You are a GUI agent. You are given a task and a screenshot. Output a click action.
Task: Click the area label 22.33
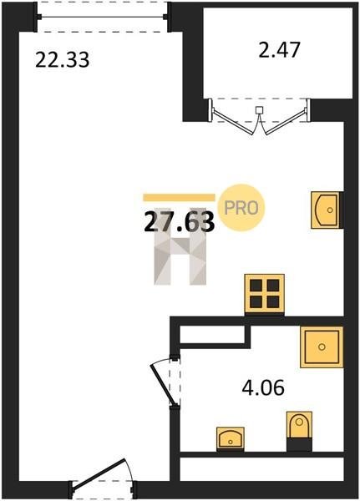pos(63,60)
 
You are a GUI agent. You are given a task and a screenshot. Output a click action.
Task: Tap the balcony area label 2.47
pos(280,50)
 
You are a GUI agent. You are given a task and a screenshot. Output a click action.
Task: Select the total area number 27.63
pos(179,222)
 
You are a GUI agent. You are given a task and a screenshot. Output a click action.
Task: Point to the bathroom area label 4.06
pos(263,387)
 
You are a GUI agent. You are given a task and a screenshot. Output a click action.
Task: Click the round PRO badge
pos(241,208)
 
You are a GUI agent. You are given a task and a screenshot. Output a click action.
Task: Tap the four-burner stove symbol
pos(264,294)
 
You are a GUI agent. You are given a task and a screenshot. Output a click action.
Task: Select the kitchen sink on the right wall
pos(326,210)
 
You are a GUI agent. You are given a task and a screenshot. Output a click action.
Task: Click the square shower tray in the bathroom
pos(322,347)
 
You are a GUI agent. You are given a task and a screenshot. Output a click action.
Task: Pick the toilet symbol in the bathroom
pos(299,425)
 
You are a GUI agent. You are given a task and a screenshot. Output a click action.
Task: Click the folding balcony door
pos(259,117)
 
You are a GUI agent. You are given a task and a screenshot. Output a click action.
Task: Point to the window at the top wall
pos(102,17)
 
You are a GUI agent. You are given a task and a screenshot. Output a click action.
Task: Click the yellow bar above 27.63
pos(179,197)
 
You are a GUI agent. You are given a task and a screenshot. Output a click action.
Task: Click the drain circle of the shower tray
pos(322,347)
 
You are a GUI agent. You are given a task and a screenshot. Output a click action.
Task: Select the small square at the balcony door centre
pos(259,110)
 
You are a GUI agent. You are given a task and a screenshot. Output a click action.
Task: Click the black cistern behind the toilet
pos(299,445)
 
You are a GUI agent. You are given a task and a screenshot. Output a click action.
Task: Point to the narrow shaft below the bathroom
pos(261,468)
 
